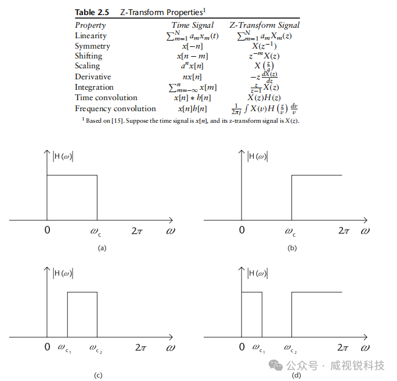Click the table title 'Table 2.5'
point(92,12)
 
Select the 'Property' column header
point(91,25)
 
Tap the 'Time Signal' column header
point(193,25)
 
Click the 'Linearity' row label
point(91,36)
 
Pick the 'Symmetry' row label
point(92,46)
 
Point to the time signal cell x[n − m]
point(192,56)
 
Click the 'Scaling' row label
point(88,66)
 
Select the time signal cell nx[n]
point(192,77)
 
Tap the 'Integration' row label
point(94,87)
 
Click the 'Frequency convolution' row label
point(115,109)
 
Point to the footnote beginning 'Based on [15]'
point(192,120)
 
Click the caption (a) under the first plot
point(102,247)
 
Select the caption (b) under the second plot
point(293,247)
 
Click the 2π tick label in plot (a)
point(137,230)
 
